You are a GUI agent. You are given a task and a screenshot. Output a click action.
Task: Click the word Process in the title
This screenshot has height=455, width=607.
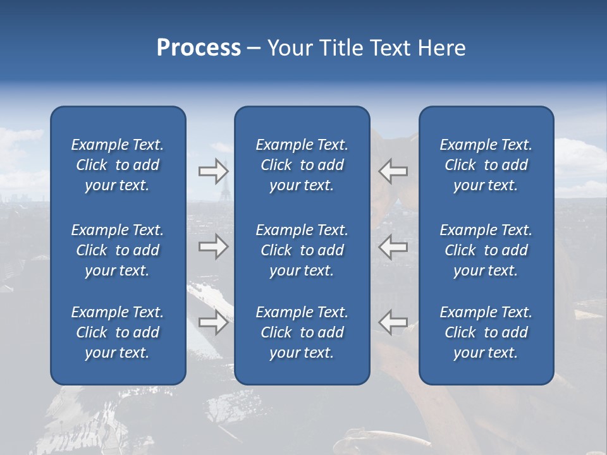[x=199, y=48]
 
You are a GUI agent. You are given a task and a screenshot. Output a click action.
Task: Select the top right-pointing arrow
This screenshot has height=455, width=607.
[x=213, y=171]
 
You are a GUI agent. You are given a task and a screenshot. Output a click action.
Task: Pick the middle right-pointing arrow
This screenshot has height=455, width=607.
[x=213, y=246]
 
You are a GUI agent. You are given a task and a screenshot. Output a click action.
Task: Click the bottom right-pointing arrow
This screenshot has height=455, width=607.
[x=213, y=322]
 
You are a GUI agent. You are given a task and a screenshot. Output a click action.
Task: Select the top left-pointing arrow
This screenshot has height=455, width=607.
[x=393, y=171]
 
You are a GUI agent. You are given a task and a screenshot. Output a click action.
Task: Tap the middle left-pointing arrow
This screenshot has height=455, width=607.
[x=393, y=246]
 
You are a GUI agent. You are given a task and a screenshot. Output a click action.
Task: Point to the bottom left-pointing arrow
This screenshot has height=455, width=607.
[x=393, y=322]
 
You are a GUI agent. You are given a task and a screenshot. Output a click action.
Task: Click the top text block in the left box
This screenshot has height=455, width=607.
[x=118, y=165]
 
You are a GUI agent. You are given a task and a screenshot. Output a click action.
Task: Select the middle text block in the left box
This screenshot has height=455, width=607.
[x=118, y=250]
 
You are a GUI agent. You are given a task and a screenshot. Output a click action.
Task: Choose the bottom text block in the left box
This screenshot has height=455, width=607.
[x=118, y=332]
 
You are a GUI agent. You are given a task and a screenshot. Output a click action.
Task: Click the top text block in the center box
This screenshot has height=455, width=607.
[x=302, y=165]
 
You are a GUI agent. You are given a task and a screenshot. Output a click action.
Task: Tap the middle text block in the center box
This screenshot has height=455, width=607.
[x=302, y=250]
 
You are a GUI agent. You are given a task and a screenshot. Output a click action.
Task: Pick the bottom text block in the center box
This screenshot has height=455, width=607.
[x=302, y=332]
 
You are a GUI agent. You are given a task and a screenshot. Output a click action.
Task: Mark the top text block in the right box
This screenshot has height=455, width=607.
[x=486, y=165]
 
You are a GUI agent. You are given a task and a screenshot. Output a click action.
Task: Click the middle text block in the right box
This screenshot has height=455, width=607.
[x=486, y=250]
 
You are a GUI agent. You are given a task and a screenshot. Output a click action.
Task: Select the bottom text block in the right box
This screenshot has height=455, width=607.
[x=486, y=332]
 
